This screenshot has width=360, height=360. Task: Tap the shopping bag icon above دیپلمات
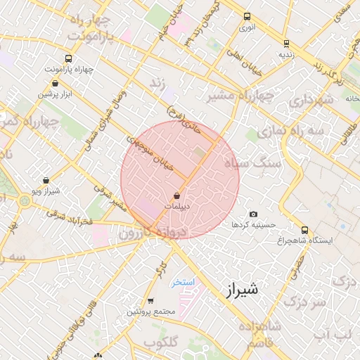point(176,195)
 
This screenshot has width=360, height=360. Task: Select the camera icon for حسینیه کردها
point(253,214)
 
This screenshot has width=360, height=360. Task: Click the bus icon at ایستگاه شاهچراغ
point(304,229)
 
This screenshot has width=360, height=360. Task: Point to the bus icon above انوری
point(246,16)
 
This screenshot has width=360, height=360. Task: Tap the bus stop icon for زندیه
point(285,42)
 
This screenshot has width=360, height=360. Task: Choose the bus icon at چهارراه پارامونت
point(67,59)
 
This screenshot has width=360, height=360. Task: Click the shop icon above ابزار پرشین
point(55,84)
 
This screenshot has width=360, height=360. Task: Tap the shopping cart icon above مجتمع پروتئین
point(150,300)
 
